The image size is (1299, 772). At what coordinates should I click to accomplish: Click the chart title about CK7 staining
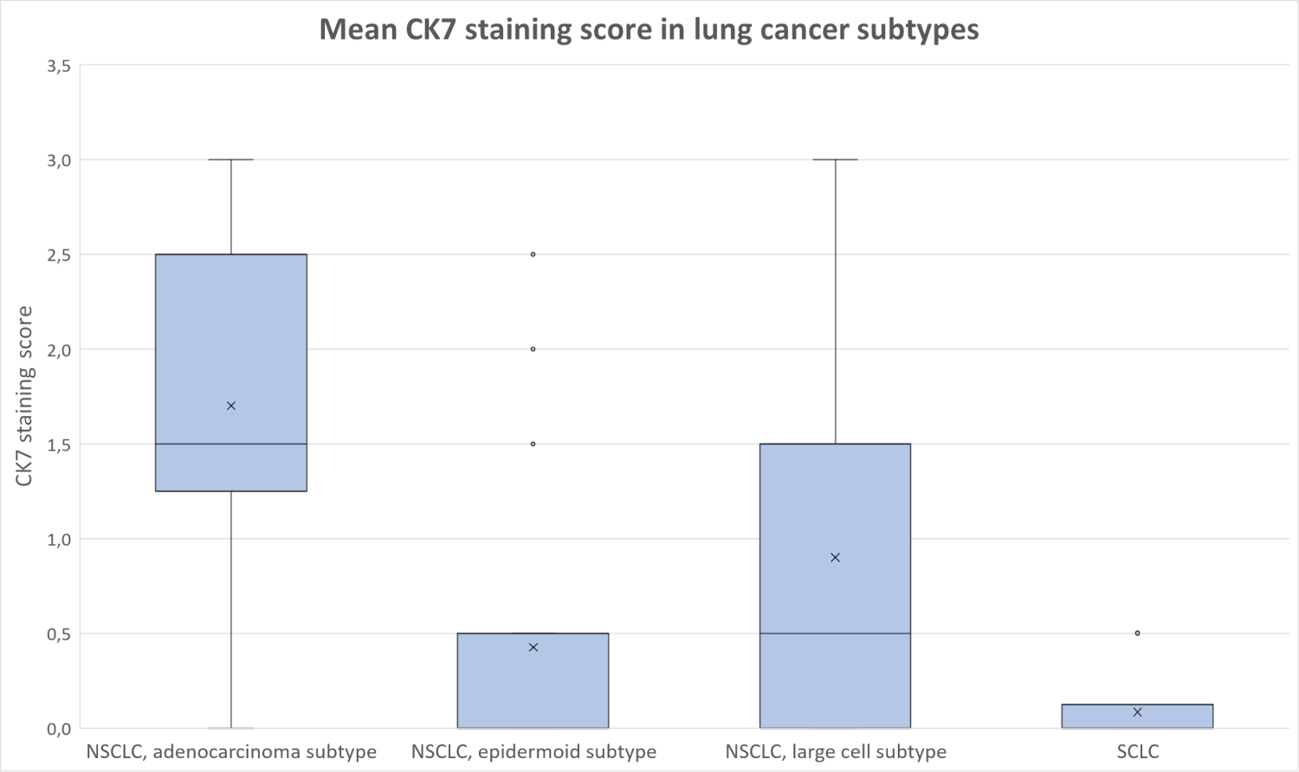(649, 29)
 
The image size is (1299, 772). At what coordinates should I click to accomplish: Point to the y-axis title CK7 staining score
(24, 396)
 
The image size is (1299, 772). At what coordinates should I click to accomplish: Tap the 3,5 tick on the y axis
(59, 66)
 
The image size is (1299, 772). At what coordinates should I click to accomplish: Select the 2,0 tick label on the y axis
(59, 350)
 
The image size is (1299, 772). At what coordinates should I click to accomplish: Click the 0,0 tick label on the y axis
(59, 729)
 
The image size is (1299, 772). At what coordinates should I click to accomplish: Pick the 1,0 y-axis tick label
(59, 539)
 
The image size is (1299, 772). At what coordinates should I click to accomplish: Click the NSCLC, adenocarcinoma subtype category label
(231, 751)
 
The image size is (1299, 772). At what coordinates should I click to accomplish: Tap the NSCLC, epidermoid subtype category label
(533, 751)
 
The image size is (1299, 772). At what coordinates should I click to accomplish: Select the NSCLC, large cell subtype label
(836, 751)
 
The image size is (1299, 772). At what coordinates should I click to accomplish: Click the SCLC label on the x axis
(1137, 751)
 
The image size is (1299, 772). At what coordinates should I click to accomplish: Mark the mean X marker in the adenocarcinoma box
(231, 405)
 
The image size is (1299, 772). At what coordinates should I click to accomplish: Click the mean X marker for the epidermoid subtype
(533, 647)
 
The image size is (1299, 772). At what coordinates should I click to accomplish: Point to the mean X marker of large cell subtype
(836, 557)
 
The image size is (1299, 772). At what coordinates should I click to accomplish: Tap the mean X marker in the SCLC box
(1137, 712)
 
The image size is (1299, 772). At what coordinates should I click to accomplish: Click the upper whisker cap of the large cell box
(836, 159)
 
